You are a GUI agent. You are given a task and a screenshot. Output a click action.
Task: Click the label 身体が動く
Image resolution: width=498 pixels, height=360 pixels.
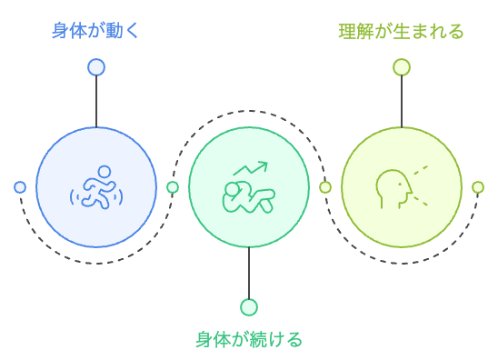95,32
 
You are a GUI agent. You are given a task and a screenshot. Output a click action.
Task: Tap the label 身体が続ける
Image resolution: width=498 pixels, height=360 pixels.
248,340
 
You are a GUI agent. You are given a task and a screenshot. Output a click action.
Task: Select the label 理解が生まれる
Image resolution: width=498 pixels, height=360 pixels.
401,32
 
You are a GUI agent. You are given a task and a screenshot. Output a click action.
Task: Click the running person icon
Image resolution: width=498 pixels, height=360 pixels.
96,188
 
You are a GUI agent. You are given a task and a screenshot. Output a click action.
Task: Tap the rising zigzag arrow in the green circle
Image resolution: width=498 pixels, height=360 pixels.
251,168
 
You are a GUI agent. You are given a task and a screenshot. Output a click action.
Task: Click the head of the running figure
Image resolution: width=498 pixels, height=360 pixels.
105,171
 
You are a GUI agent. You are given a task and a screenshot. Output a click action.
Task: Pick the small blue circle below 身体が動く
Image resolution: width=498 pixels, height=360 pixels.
95,66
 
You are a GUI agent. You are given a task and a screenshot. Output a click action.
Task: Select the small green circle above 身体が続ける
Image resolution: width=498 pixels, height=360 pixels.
248,307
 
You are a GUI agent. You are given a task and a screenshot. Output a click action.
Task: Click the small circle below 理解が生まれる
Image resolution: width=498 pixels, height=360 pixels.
401,66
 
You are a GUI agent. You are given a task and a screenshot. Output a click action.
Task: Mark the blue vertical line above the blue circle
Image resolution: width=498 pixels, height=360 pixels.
95,100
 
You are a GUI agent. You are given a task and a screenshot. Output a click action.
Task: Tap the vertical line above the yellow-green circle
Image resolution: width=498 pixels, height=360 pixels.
401,100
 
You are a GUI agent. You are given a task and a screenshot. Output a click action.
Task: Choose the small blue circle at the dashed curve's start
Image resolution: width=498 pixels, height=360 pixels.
20,187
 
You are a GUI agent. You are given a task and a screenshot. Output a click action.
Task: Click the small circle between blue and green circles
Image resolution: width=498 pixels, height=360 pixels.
173,187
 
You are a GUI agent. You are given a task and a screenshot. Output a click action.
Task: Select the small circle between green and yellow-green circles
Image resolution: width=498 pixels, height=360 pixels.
325,187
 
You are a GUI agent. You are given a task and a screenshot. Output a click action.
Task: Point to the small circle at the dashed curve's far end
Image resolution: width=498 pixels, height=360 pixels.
478,187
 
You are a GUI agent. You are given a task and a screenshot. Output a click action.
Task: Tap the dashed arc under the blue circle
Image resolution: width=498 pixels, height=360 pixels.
96,263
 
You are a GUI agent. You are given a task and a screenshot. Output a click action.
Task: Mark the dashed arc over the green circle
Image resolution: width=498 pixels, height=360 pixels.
248,111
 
